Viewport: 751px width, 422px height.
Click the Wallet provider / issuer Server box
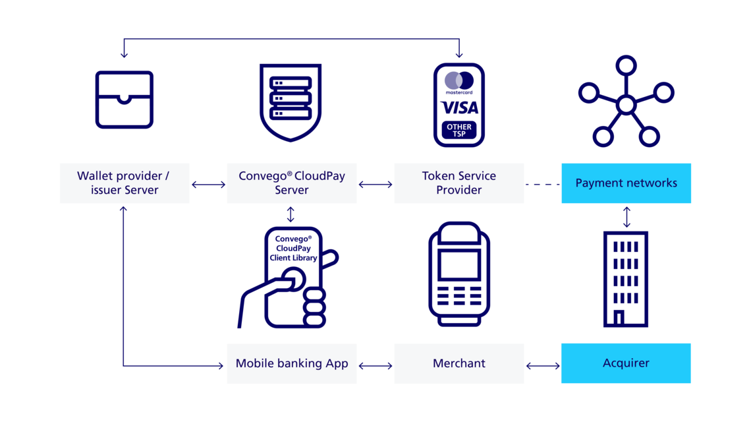click(x=125, y=183)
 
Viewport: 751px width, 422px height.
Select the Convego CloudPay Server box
click(x=291, y=183)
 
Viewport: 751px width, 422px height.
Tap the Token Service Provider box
click(x=459, y=183)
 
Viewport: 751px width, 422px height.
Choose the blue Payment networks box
click(x=626, y=183)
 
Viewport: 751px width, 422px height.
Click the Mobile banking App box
click(x=291, y=363)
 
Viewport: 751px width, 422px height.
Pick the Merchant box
click(x=459, y=363)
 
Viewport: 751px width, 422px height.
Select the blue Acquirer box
click(x=626, y=363)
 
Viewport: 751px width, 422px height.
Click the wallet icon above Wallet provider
click(x=125, y=100)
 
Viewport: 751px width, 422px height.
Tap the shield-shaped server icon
click(x=291, y=102)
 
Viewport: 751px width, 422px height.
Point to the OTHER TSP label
click(x=459, y=130)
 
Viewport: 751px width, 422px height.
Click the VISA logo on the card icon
click(x=459, y=107)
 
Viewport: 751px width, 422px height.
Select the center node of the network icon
click(x=626, y=105)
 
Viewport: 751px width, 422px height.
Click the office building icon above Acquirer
click(x=626, y=278)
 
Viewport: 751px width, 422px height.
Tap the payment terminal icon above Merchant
click(x=459, y=274)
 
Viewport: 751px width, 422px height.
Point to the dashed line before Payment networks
click(x=542, y=184)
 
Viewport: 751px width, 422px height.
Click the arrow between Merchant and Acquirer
click(x=542, y=364)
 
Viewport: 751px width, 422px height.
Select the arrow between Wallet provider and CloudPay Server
click(x=208, y=185)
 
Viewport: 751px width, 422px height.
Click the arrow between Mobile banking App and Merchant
click(x=375, y=364)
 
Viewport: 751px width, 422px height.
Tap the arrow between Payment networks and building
click(x=626, y=217)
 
